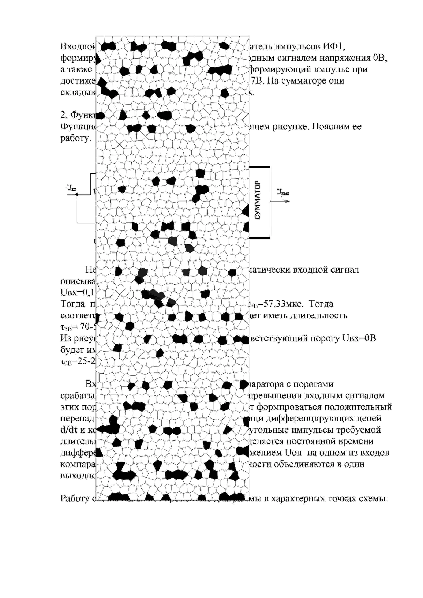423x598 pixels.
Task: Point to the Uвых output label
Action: [x=283, y=192]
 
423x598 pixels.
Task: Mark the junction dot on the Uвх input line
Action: [x=77, y=195]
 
